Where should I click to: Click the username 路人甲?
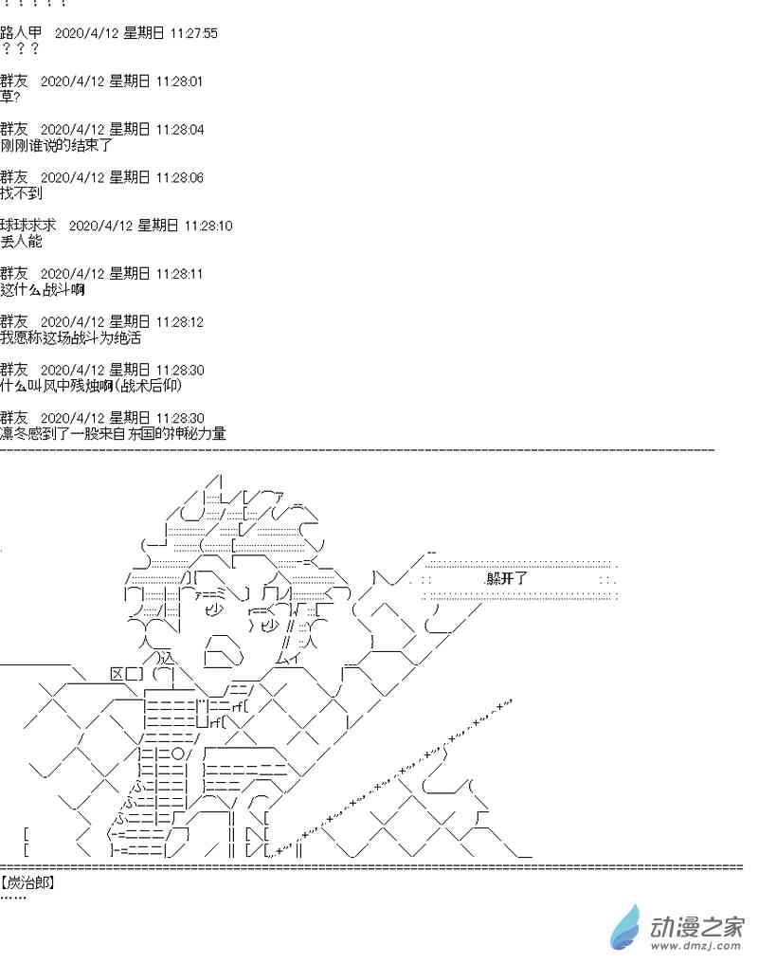pyautogui.click(x=21, y=33)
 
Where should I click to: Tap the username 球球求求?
pyautogui.click(x=28, y=226)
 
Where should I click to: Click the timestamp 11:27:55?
pyautogui.click(x=194, y=33)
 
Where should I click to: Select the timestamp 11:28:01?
pyautogui.click(x=180, y=82)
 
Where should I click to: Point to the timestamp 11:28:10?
pyautogui.click(x=208, y=226)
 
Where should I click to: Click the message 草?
pyautogui.click(x=10, y=97)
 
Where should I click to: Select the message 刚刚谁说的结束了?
pyautogui.click(x=57, y=145)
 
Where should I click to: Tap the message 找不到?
pyautogui.click(x=22, y=193)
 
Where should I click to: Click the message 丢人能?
pyautogui.click(x=22, y=242)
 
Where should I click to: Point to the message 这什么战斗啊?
pyautogui.click(x=44, y=289)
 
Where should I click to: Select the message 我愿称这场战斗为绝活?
pyautogui.click(x=71, y=337)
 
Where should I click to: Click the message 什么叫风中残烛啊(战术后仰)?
pyautogui.click(x=90, y=386)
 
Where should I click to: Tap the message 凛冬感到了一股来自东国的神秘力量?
pyautogui.click(x=113, y=433)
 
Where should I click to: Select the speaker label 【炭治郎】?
pyautogui.click(x=28, y=882)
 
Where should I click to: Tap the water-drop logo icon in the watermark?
pyautogui.click(x=626, y=926)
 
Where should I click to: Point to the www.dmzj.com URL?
pyautogui.click(x=696, y=945)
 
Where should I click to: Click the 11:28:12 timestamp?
pyautogui.click(x=180, y=321)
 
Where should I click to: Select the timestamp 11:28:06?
pyautogui.click(x=180, y=177)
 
